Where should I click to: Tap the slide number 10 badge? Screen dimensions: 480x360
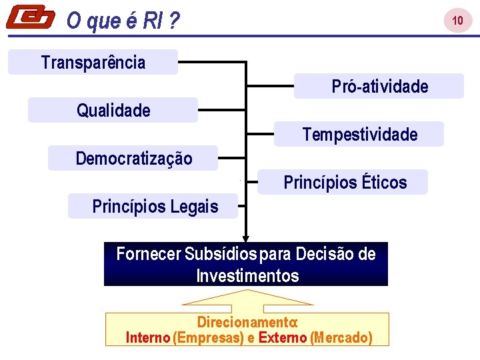pos(457,21)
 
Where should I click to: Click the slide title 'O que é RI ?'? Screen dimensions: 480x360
pos(123,22)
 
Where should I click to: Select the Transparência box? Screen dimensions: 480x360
pos(93,62)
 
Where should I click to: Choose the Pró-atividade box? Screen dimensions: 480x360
pos(379,86)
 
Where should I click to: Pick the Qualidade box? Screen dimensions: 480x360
pos(113,110)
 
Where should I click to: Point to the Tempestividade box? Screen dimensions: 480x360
pos(359,134)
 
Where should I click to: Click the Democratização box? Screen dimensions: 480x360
pos(133,158)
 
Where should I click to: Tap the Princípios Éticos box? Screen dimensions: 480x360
pos(343,182)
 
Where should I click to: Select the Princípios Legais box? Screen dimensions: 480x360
pos(153,206)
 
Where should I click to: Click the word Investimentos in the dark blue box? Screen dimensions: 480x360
pos(247,275)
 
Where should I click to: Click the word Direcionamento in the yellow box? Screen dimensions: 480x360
pos(247,322)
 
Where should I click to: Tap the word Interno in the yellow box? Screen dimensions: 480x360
pos(148,337)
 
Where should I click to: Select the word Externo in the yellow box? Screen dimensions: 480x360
pos(283,337)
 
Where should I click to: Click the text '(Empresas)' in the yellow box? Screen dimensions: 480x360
pos(208,337)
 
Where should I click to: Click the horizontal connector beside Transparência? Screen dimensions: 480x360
pos(212,62)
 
